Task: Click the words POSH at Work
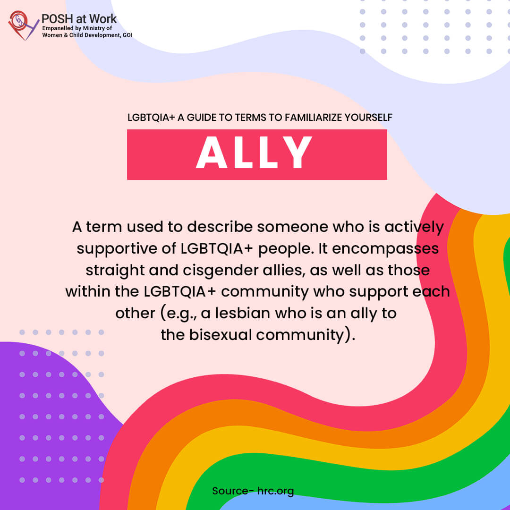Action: click(79, 18)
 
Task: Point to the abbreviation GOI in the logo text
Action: click(127, 35)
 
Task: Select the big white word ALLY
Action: click(254, 152)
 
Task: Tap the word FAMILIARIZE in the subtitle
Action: click(314, 118)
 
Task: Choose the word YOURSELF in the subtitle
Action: click(368, 118)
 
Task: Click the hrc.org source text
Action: click(275, 491)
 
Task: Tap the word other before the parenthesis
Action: click(136, 313)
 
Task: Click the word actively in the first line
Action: click(414, 227)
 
